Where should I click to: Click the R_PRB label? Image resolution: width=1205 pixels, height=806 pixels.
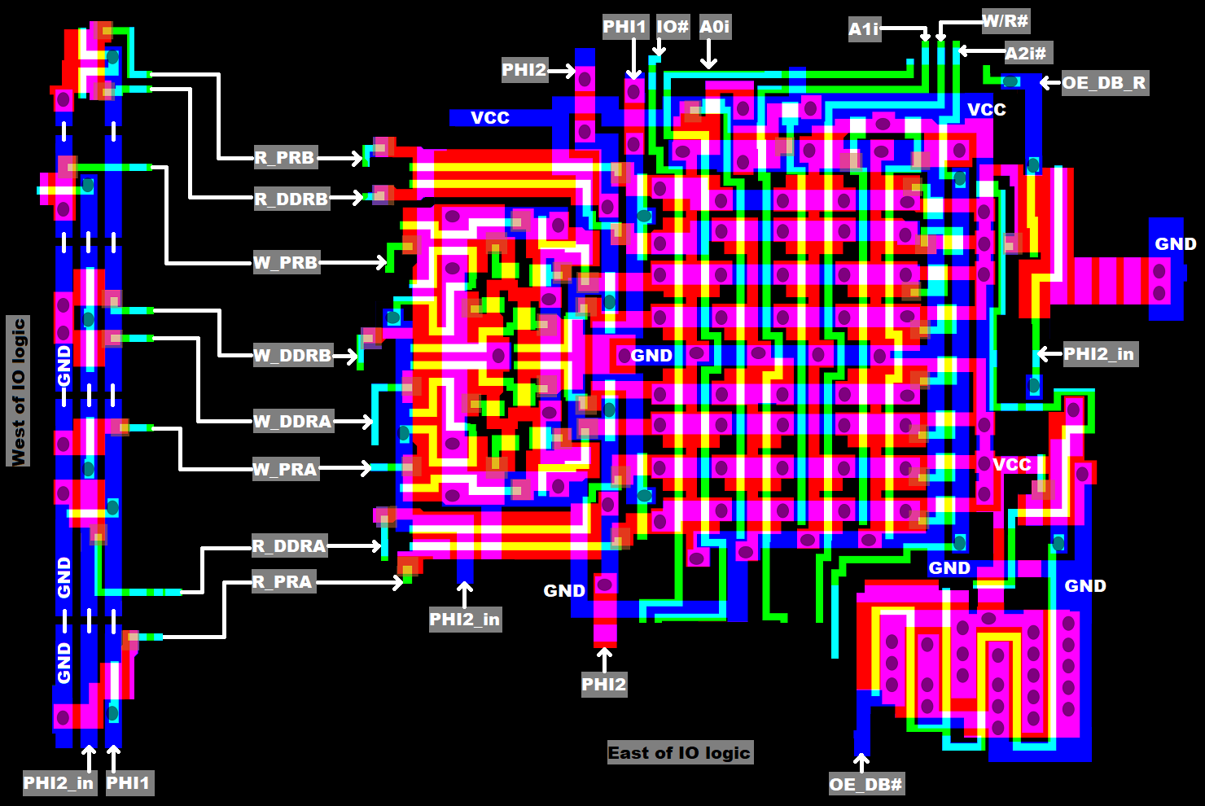point(284,158)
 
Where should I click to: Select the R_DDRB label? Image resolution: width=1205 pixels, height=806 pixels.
point(291,199)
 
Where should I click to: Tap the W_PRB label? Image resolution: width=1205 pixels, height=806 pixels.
point(285,263)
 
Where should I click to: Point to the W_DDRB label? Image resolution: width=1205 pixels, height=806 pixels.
point(292,356)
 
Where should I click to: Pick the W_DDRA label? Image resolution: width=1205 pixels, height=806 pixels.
point(292,422)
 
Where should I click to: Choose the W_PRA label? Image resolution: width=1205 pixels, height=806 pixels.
point(285,470)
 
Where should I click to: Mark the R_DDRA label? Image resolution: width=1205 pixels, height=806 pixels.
point(289,546)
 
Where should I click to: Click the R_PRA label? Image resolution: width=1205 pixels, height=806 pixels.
point(282,582)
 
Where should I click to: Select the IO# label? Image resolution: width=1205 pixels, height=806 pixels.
point(673,27)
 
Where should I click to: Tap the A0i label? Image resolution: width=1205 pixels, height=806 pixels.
point(714,27)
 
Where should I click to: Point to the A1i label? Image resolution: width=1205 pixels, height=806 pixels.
point(864,30)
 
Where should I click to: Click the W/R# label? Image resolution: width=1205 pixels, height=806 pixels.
point(1005,21)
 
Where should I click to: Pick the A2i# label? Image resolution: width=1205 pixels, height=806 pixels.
point(1025,54)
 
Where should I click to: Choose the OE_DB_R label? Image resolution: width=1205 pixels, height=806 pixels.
point(1104,83)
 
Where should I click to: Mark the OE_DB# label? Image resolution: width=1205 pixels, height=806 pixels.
point(865,785)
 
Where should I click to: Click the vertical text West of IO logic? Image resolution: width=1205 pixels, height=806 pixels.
point(19,392)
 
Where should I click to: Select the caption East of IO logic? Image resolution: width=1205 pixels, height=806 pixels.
point(679,753)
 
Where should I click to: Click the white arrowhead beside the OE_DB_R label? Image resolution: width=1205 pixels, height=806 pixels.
point(1046,83)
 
